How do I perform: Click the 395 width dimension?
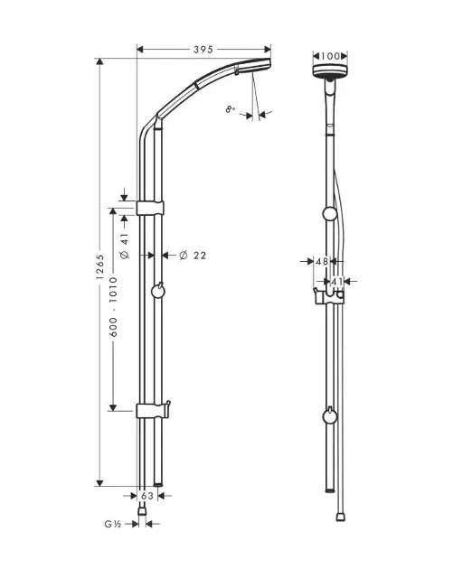coord(203,50)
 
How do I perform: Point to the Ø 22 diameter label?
coord(193,256)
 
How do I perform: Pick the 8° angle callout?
coord(231,109)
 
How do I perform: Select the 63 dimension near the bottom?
coord(147,496)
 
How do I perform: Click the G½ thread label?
coord(113,523)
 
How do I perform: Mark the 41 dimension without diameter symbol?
coord(336,282)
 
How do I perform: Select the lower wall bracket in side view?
coord(152,411)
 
